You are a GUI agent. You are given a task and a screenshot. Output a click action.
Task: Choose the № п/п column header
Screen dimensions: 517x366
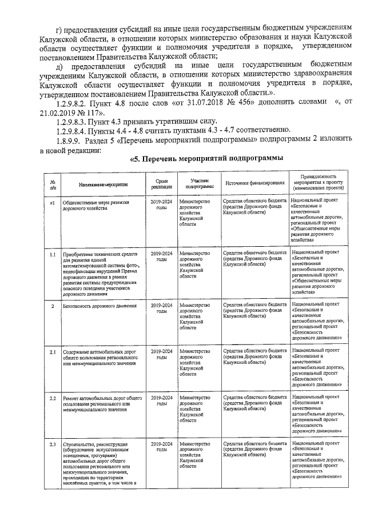coord(53,183)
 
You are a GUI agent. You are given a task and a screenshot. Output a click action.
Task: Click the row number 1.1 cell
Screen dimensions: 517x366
coord(53,253)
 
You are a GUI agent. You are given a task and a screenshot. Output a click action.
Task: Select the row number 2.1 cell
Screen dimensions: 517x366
coord(53,351)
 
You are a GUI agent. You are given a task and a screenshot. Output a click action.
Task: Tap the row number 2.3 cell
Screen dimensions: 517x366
coord(53,444)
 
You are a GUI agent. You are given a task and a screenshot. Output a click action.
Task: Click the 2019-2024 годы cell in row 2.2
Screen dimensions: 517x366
coord(161,400)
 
